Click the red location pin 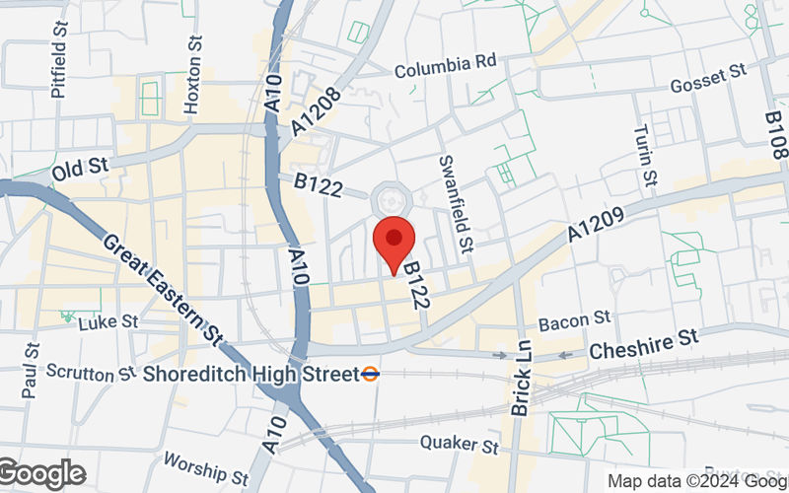tap(395, 241)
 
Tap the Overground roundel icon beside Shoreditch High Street tap(371, 374)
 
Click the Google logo tap(42, 474)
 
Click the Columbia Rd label tap(445, 65)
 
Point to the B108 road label tap(777, 133)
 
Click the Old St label tap(80, 169)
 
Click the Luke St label tap(108, 322)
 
